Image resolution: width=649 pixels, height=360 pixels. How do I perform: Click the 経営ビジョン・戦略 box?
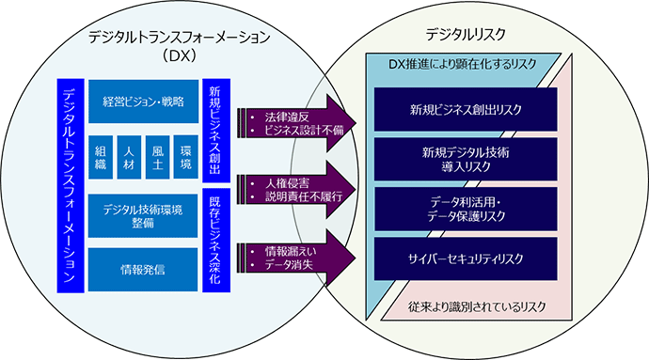(144, 101)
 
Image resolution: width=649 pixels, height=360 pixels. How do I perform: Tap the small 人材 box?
(130, 156)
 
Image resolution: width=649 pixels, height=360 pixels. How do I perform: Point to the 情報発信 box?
(144, 269)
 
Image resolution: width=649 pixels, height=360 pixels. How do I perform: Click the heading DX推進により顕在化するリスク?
(463, 64)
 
